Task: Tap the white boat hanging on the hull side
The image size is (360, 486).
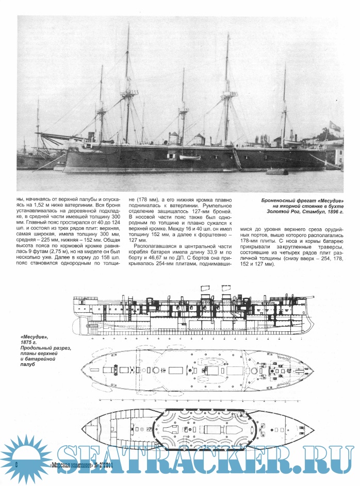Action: click(189, 157)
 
